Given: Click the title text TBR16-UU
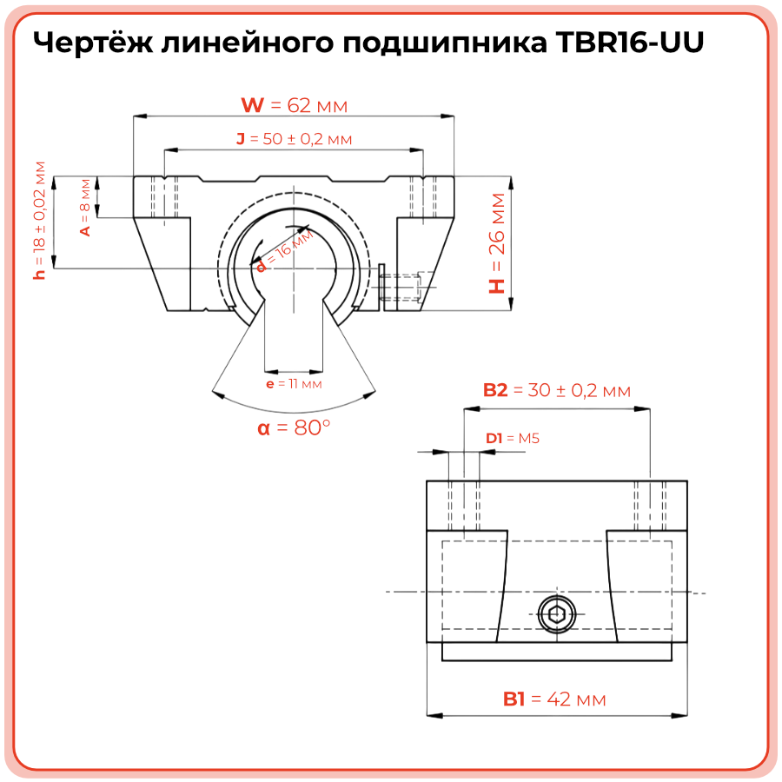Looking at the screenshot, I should [x=627, y=43].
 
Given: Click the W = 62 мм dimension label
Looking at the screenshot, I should [x=294, y=106].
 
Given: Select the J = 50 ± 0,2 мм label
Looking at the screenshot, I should [x=294, y=139].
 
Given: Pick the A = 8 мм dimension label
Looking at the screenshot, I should [x=84, y=207].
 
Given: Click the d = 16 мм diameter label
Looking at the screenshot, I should [x=284, y=252].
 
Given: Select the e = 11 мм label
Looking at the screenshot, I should [x=294, y=383].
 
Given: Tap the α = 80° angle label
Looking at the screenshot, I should [x=294, y=428].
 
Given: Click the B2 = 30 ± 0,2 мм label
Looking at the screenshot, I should [x=556, y=391].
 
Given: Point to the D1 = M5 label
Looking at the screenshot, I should [x=513, y=439].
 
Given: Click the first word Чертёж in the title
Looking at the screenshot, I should [x=92, y=43].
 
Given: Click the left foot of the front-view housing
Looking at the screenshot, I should [x=165, y=261].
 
